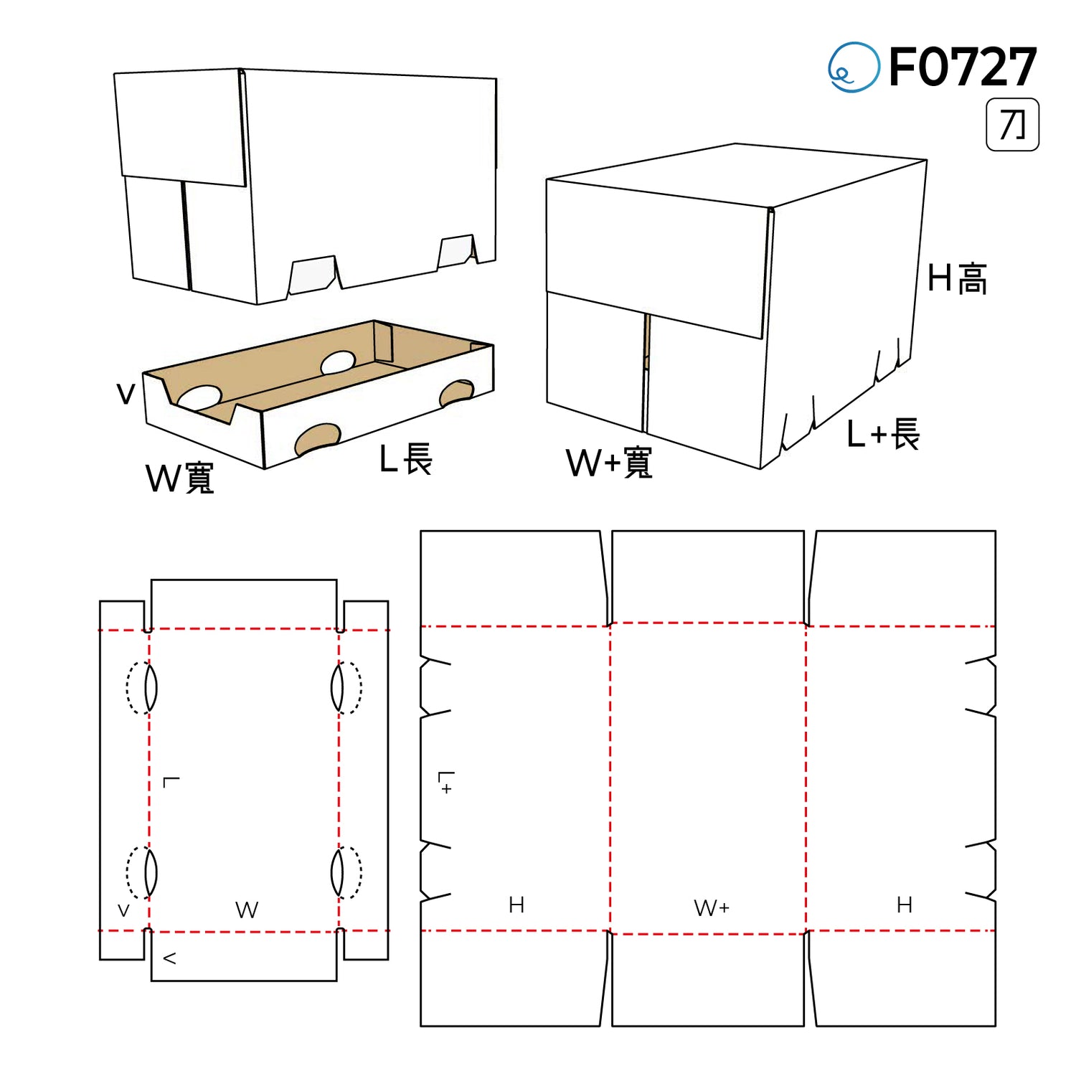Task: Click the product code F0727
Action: click(963, 67)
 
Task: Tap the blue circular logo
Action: click(854, 67)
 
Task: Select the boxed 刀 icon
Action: click(1012, 125)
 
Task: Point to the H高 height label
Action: click(957, 278)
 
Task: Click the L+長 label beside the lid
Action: click(883, 434)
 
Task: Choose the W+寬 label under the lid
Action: click(609, 463)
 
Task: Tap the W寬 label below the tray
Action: click(180, 478)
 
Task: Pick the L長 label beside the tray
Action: click(406, 459)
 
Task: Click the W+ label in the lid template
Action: click(712, 908)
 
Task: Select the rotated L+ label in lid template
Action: click(446, 783)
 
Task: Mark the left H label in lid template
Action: click(516, 905)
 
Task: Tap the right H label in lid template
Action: click(905, 905)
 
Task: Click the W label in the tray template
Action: click(247, 910)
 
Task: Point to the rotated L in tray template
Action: click(171, 781)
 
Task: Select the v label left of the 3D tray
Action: click(126, 394)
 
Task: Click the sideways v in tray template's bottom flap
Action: click(170, 958)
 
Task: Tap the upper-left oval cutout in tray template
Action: click(141, 688)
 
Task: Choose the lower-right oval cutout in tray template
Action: click(346, 872)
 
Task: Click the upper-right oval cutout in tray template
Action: click(346, 688)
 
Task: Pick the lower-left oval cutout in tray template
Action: click(141, 872)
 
